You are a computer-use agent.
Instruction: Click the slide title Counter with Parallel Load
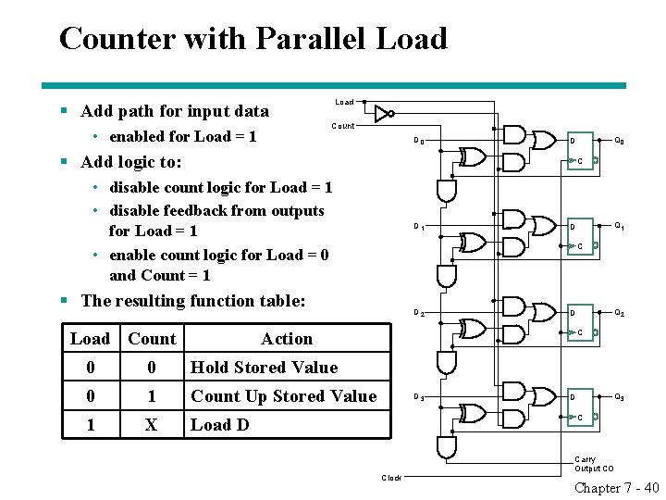click(x=253, y=39)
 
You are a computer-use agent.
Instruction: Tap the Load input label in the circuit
click(x=344, y=102)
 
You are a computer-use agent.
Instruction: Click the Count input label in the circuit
click(x=342, y=126)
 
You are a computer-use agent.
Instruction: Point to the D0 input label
click(x=419, y=142)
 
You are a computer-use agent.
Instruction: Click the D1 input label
click(x=419, y=227)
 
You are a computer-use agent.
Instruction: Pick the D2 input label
click(x=419, y=313)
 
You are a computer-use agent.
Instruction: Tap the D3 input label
click(x=419, y=398)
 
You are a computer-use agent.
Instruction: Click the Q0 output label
click(x=619, y=141)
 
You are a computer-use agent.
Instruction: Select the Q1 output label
click(x=619, y=226)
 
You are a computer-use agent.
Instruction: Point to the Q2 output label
click(x=619, y=312)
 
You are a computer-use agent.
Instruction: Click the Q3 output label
click(x=619, y=397)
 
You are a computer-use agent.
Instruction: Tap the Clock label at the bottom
click(x=392, y=478)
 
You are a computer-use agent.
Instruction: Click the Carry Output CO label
click(x=593, y=464)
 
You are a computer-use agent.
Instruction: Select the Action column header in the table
click(x=287, y=339)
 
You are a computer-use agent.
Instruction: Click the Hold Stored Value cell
click(x=264, y=368)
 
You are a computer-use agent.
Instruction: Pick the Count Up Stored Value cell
click(x=283, y=396)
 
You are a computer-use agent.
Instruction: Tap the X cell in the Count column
click(x=152, y=425)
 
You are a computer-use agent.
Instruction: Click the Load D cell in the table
click(x=219, y=425)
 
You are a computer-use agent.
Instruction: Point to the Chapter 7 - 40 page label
click(x=616, y=489)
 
